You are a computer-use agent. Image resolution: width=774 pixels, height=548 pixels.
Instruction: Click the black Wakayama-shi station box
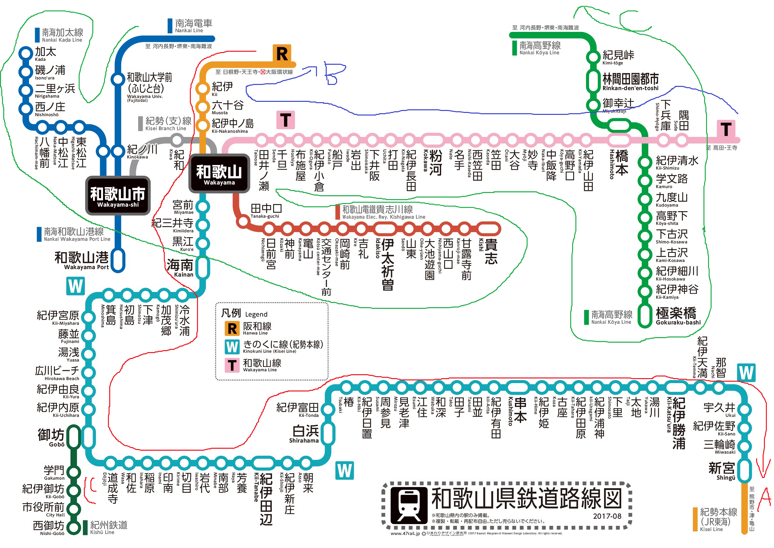point(118,196)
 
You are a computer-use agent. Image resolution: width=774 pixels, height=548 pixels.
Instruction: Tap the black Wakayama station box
point(219,173)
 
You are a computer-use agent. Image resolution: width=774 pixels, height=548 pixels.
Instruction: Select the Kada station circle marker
point(25,53)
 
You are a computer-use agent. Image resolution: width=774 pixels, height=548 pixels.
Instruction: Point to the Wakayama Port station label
point(82,261)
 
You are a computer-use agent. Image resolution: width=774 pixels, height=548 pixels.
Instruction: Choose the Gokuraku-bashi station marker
point(645,316)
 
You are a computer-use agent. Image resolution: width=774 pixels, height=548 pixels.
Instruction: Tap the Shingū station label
point(721,471)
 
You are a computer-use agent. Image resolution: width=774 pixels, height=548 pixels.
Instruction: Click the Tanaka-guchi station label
point(266,211)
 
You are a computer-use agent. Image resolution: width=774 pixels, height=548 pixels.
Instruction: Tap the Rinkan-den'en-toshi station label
point(630,82)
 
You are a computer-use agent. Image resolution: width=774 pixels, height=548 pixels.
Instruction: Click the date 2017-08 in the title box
point(607,516)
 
